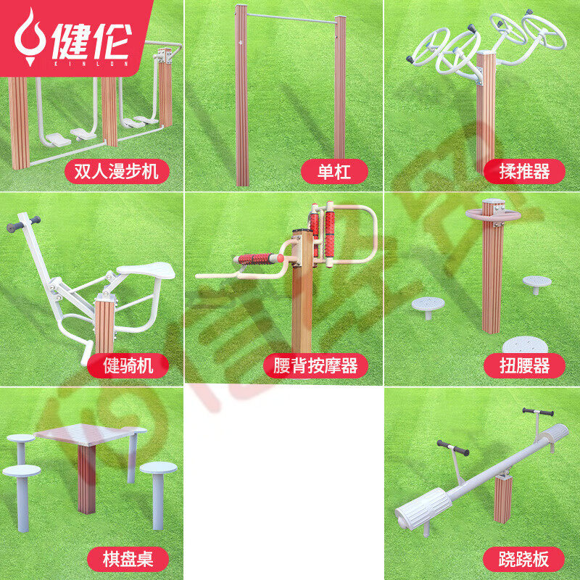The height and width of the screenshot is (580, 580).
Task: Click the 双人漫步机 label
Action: click(117, 171)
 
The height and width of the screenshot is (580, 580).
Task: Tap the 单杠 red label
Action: click(334, 171)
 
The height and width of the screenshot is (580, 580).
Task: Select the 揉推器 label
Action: click(524, 171)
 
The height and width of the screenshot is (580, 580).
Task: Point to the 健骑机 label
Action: click(128, 365)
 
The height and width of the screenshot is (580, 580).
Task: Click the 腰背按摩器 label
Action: click(315, 365)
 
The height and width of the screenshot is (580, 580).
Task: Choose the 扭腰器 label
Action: click(524, 365)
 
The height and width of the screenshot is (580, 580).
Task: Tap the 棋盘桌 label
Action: click(128, 559)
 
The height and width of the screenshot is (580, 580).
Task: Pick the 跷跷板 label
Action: click(523, 559)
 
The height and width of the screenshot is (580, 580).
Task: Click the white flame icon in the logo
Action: click(30, 37)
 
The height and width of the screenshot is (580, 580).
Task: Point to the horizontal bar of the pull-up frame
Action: click(291, 19)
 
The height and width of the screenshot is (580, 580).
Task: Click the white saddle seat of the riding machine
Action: click(147, 270)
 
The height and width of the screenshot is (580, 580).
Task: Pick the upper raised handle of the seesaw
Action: click(538, 412)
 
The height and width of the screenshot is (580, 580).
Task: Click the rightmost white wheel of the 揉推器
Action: click(544, 32)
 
